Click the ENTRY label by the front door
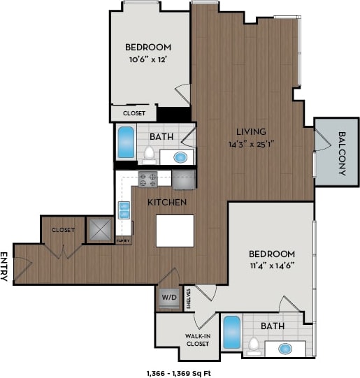(5, 266)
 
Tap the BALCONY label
(342, 153)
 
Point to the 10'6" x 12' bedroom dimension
(147, 59)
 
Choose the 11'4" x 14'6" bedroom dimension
(269, 265)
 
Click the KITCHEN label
(166, 203)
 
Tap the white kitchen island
(174, 231)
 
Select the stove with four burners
(148, 180)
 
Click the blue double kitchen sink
(124, 210)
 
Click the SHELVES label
(189, 296)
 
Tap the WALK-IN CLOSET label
(198, 340)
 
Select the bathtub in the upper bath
(127, 142)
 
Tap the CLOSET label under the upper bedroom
(134, 112)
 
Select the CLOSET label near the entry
(63, 228)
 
